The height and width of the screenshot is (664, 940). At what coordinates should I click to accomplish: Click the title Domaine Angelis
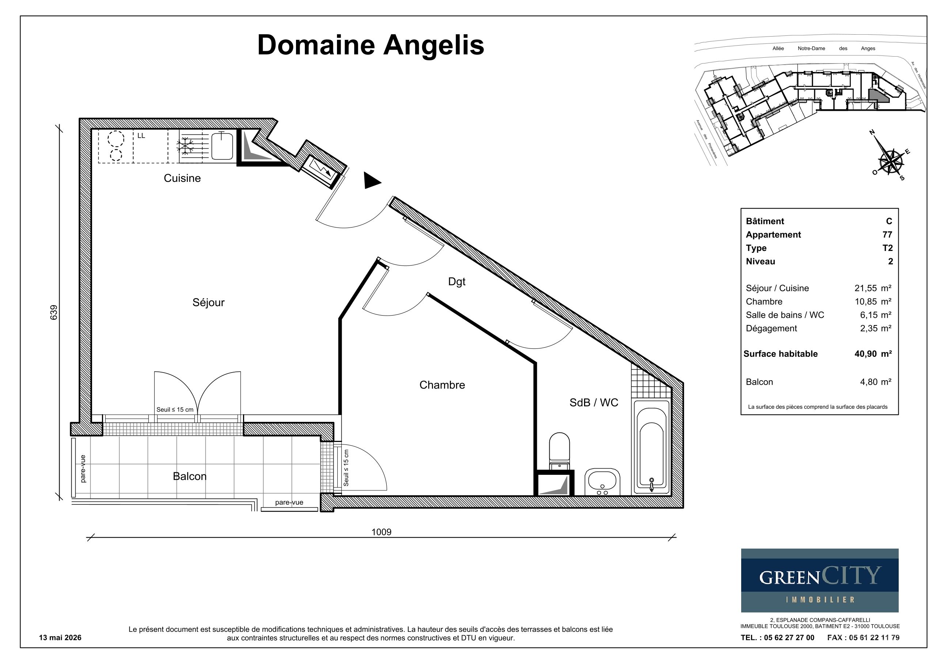371,45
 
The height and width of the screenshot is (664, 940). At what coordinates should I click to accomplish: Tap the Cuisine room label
182,178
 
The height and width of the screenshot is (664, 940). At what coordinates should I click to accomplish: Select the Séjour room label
208,302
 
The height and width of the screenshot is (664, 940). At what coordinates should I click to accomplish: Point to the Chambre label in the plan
442,385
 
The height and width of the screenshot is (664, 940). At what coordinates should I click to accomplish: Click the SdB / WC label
594,402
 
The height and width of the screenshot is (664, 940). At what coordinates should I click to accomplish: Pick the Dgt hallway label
457,282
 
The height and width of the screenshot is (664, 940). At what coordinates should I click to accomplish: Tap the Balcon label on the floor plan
190,476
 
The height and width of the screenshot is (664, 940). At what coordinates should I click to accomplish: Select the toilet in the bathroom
559,451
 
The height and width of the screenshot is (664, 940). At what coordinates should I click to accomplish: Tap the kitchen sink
222,146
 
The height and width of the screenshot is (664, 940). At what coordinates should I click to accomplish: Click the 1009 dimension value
381,532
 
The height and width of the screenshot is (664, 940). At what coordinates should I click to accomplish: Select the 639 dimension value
54,313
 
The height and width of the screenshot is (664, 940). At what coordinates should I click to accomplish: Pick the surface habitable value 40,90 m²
873,354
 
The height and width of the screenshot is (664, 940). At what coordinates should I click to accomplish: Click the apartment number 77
887,234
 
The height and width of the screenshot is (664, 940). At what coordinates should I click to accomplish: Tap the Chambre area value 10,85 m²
873,302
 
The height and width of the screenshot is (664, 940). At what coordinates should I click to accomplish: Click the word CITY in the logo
850,576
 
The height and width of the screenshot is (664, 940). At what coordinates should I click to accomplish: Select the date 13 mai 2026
60,637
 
